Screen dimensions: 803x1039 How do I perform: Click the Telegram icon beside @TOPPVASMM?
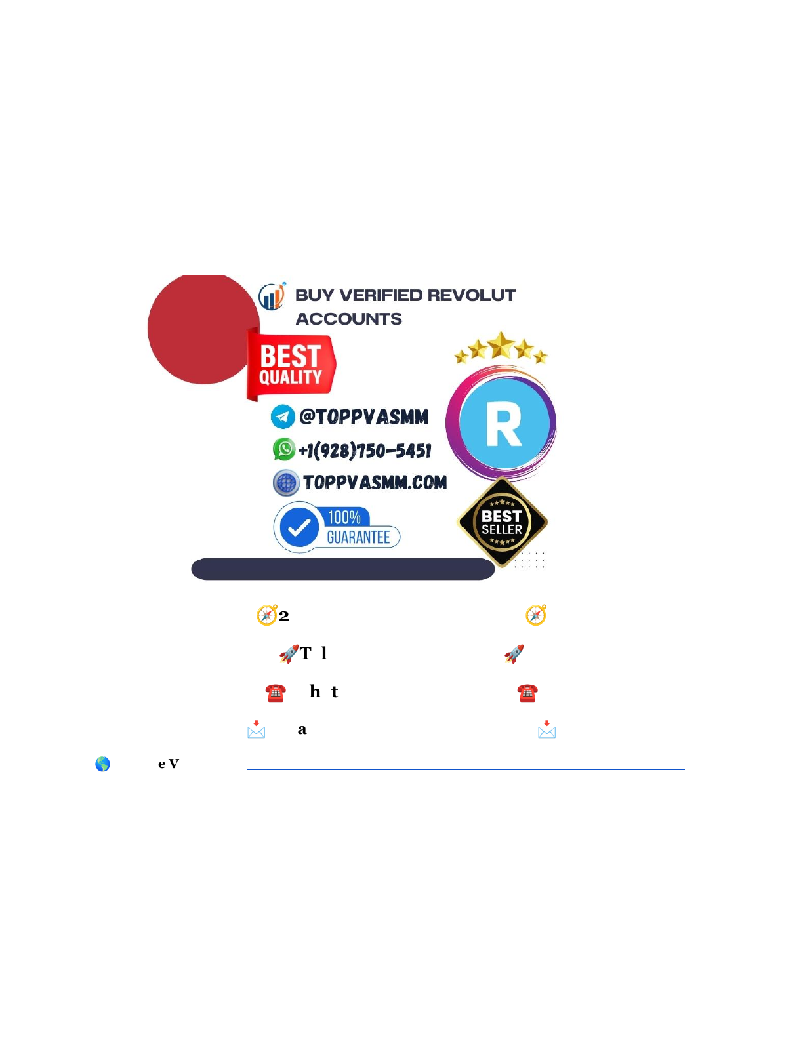tap(283, 417)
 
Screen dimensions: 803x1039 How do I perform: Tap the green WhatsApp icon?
tap(284, 449)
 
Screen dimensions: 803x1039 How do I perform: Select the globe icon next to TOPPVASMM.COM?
tap(286, 483)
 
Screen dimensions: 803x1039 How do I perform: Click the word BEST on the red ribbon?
tap(290, 357)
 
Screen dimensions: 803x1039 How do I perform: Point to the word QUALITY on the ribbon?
tap(291, 377)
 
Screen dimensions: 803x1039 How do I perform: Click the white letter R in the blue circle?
tap(503, 424)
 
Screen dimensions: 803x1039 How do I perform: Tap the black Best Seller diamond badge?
tap(502, 522)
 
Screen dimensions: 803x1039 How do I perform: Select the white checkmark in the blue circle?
tap(299, 527)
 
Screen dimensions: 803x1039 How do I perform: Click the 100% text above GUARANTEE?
tap(344, 517)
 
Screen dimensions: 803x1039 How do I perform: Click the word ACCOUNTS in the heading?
tap(348, 319)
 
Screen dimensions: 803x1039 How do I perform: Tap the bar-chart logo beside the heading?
tap(272, 296)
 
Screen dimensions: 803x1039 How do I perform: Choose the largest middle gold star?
tap(501, 344)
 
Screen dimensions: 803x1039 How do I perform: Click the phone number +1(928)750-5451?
tap(365, 450)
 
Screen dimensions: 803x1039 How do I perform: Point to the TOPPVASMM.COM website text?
tap(375, 483)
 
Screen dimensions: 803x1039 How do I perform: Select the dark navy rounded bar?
tap(342, 569)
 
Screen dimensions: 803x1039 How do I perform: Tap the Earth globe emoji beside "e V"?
tap(102, 764)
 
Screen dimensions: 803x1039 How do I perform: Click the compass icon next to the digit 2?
tap(266, 615)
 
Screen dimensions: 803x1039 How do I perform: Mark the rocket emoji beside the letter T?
tap(289, 654)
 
